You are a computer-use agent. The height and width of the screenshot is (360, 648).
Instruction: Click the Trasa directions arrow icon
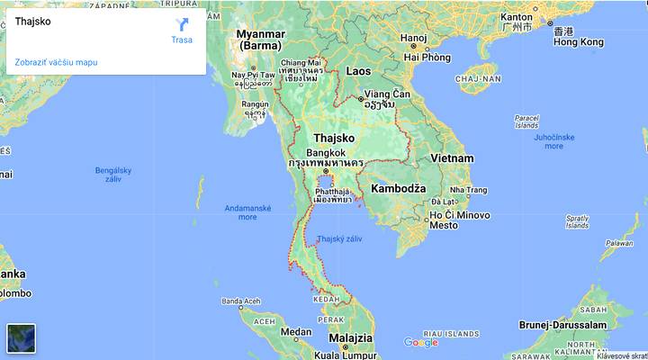tap(182, 24)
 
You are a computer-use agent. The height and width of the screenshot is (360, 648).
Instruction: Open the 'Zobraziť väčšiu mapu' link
tap(56, 62)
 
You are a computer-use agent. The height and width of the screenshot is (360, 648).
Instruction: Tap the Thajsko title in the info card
tap(33, 21)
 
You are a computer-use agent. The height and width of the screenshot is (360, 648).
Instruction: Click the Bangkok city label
tap(326, 153)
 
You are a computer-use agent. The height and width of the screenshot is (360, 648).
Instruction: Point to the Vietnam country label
tap(452, 158)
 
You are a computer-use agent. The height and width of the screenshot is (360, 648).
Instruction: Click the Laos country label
tap(358, 70)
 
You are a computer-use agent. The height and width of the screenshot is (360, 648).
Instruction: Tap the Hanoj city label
tap(414, 38)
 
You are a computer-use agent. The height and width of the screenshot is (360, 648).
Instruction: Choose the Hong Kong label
tap(579, 42)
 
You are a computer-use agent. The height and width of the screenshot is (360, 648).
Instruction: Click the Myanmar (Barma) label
tap(260, 40)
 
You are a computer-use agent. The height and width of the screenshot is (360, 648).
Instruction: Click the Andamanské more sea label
tap(247, 212)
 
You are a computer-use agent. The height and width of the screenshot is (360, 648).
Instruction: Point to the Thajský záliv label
tap(339, 238)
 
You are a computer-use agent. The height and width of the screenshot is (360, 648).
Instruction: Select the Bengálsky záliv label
tap(113, 175)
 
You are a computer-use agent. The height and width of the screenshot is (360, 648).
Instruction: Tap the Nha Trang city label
tap(468, 190)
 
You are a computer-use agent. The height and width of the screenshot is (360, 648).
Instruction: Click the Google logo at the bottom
tap(421, 342)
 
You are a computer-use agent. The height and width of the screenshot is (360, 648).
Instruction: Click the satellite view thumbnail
tap(22, 338)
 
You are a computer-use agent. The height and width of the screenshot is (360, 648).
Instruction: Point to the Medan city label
tap(296, 332)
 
